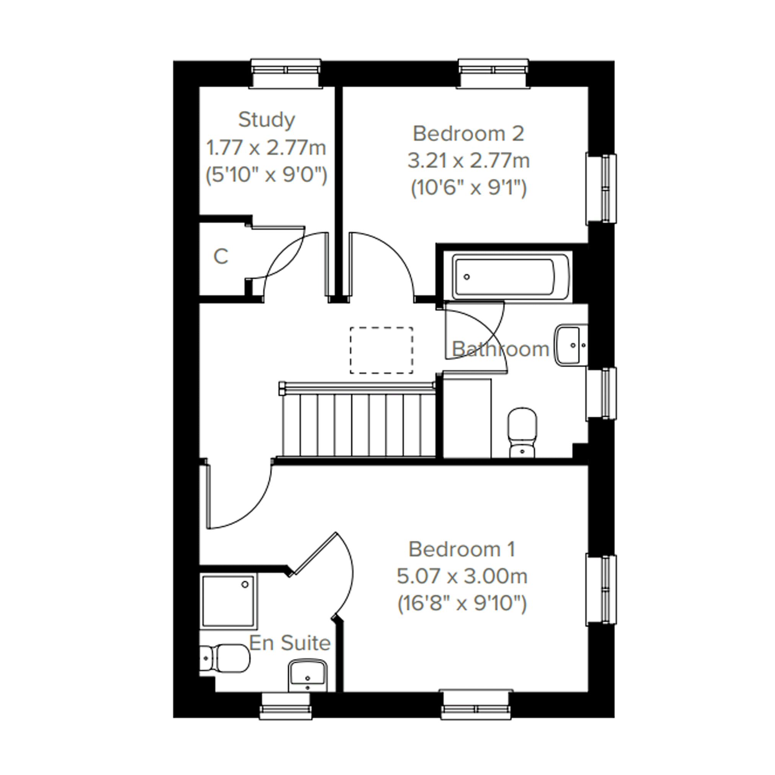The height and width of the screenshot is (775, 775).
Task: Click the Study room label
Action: coord(267,120)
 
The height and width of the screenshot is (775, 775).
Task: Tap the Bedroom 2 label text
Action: coord(468,134)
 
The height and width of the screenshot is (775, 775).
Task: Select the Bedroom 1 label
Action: coord(462,549)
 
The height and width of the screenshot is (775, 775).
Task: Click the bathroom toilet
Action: coord(522,433)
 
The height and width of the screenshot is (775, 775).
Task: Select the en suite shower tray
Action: coord(228,601)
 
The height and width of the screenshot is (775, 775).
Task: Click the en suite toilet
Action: coord(225,658)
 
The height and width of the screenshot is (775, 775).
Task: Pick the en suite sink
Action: coord(307,675)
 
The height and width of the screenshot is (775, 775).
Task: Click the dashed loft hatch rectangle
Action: coord(382,350)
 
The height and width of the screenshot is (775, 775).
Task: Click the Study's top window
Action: coord(286,73)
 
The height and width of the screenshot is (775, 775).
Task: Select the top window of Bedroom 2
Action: coord(494,73)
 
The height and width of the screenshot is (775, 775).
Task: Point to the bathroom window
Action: coord(601,394)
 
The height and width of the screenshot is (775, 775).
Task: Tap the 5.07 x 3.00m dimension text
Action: coord(462,576)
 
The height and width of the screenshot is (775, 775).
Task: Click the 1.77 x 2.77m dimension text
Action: coord(266,148)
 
